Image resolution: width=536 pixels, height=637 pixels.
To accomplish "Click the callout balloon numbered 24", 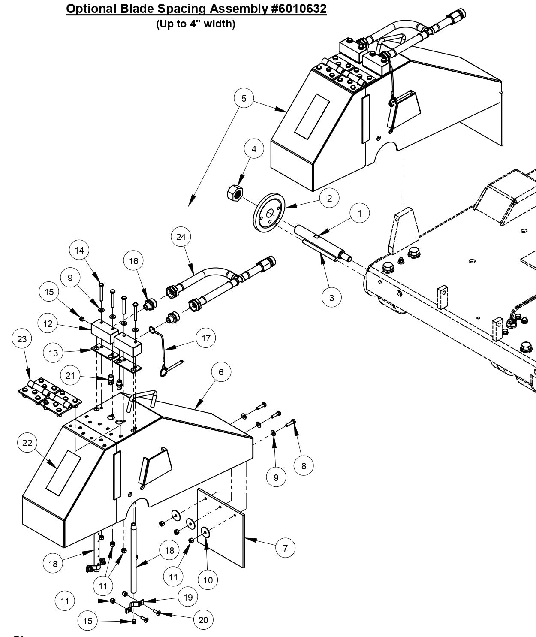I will coord(181,237).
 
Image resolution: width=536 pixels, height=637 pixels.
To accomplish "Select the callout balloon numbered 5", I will coord(244,98).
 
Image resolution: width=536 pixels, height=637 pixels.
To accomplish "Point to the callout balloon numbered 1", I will coord(360,213).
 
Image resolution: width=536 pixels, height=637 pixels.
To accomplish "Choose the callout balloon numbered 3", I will coord(331,297).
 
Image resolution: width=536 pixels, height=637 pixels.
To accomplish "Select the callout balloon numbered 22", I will coord(27,443).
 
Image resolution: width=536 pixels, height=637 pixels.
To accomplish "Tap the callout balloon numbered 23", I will coord(22,339).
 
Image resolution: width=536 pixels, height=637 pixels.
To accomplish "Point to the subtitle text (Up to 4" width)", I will coord(196,24).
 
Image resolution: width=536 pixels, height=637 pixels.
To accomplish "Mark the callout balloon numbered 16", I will coord(134,261).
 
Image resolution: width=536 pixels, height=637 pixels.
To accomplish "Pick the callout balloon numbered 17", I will coord(206,338).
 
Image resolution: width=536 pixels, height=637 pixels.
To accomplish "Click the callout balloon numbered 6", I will coord(221,372).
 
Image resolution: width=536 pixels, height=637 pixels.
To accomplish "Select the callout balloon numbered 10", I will coord(208,580).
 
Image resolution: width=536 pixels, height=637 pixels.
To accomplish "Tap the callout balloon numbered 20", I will coord(203,620).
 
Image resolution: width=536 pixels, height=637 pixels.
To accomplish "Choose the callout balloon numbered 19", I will coord(188,597).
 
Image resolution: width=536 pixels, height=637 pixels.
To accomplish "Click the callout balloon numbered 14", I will coord(79,250).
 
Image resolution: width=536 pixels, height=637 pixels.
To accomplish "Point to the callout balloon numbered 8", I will coord(304,466).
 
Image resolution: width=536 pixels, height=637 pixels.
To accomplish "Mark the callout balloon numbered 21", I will coord(70,376).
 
